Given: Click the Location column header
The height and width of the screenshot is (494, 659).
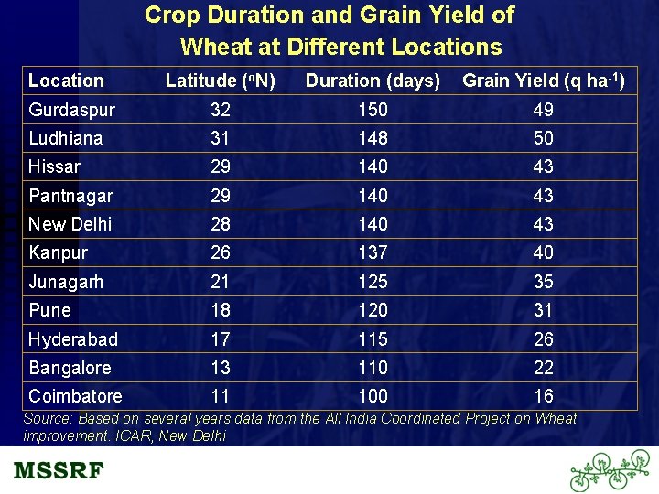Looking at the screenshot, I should click(66, 81).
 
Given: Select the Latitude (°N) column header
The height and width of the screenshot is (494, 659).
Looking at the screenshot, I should click(220, 81).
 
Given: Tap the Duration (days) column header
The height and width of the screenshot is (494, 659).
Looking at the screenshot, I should click(373, 81).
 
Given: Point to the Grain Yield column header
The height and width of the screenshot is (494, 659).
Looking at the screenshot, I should click(544, 81).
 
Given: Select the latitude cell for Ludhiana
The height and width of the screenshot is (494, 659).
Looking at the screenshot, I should click(221, 138).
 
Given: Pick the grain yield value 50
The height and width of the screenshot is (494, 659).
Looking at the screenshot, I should click(544, 138).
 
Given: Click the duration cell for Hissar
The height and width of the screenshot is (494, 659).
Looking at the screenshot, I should click(373, 166).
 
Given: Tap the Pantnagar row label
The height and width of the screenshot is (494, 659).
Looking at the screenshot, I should click(70, 196).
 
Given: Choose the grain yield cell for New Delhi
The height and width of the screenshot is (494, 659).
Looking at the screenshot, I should click(544, 224).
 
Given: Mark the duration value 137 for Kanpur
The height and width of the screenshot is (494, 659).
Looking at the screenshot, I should click(373, 252).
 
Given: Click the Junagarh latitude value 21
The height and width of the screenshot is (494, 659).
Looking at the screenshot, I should click(221, 282).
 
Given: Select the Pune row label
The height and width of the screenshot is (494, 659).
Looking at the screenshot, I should click(49, 310).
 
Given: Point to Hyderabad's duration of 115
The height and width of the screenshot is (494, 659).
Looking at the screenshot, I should click(373, 339).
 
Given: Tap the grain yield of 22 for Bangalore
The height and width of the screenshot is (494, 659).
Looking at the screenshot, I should click(544, 368).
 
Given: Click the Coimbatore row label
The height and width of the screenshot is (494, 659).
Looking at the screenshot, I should click(75, 396).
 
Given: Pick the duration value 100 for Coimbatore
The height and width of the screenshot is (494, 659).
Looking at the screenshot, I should click(373, 396).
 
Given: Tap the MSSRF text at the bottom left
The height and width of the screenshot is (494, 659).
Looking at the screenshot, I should click(59, 471).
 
